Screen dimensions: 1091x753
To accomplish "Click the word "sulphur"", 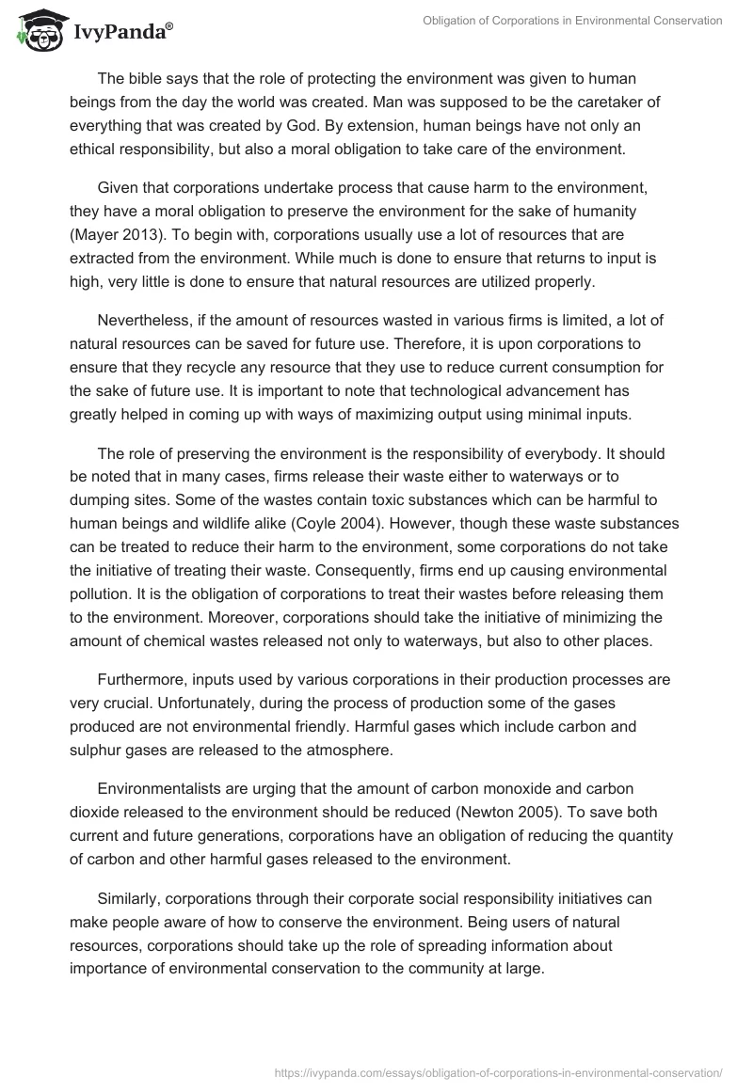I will point(96,748).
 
